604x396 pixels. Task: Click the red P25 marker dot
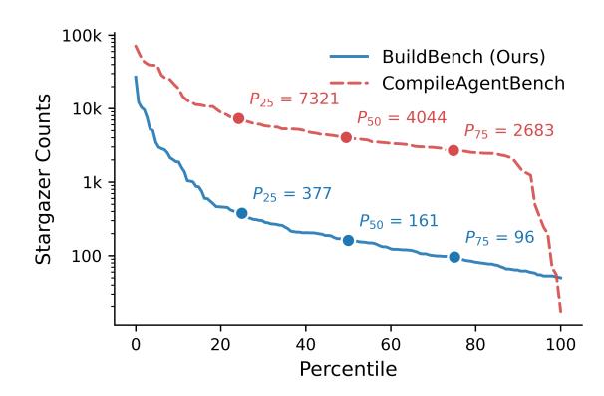pyautogui.click(x=239, y=118)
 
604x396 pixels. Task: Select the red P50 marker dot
pyautogui.click(x=346, y=137)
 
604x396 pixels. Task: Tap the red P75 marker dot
pyautogui.click(x=453, y=150)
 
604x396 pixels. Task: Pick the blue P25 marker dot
pyautogui.click(x=242, y=213)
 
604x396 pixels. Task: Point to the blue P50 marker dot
pyautogui.click(x=348, y=241)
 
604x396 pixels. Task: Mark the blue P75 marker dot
pyautogui.click(x=454, y=257)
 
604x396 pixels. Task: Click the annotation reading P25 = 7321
pyautogui.click(x=294, y=99)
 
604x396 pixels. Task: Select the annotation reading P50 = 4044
pyautogui.click(x=402, y=118)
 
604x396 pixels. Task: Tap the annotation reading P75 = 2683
pyautogui.click(x=509, y=131)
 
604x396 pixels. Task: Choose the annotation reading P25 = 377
pyautogui.click(x=292, y=194)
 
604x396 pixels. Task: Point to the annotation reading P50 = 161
pyautogui.click(x=399, y=221)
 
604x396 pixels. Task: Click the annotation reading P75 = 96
pyautogui.click(x=500, y=238)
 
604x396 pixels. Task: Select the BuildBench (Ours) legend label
pyautogui.click(x=463, y=57)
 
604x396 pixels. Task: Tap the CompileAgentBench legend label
pyautogui.click(x=473, y=83)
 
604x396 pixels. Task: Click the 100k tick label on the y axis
pyautogui.click(x=82, y=36)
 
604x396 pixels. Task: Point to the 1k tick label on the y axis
pyautogui.click(x=93, y=183)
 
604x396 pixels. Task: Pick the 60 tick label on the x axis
pyautogui.click(x=391, y=344)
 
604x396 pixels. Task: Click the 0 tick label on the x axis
pyautogui.click(x=136, y=344)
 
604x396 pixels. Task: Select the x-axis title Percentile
pyautogui.click(x=348, y=370)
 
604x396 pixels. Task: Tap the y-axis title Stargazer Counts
pyautogui.click(x=43, y=179)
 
